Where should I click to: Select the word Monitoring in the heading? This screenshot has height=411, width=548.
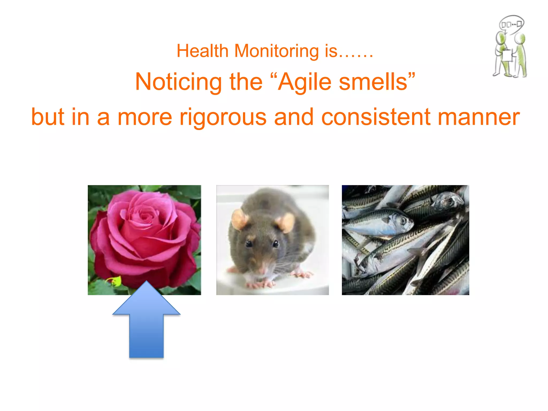pyautogui.click(x=276, y=51)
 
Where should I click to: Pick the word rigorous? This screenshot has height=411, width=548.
pyautogui.click(x=223, y=117)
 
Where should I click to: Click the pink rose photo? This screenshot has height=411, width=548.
pyautogui.click(x=144, y=235)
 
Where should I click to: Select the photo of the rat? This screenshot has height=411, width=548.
pyautogui.click(x=272, y=240)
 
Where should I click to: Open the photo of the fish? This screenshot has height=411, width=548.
pyautogui.click(x=405, y=240)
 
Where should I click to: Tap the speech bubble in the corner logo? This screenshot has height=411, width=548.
pyautogui.click(x=511, y=25)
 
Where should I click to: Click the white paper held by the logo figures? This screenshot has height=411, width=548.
pyautogui.click(x=507, y=56)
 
